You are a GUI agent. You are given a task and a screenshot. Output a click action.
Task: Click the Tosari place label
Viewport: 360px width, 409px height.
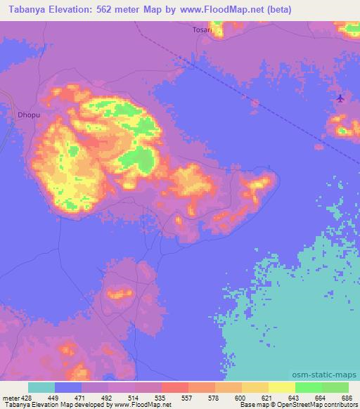point(202,30)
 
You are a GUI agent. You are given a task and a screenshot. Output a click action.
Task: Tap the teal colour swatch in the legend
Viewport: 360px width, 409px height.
point(41,387)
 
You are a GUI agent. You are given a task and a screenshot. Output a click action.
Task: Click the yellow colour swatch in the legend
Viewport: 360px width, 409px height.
point(282,387)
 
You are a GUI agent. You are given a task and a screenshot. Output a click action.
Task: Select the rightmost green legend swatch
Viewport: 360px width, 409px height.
point(335,387)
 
